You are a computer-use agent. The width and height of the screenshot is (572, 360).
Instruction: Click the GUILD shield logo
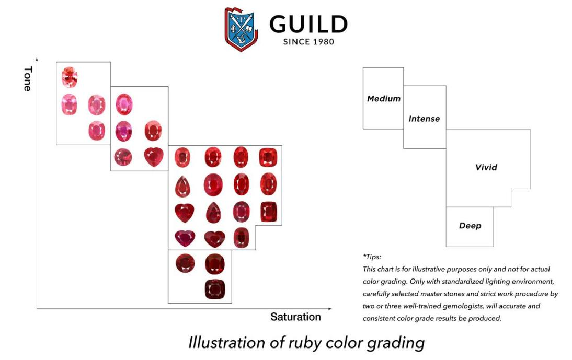pos(241,29)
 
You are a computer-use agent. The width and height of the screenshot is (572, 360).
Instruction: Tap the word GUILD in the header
pos(308,25)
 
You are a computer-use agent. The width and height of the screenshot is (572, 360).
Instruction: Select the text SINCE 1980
pos(308,42)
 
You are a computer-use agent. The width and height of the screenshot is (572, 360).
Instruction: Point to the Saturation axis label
pos(295,317)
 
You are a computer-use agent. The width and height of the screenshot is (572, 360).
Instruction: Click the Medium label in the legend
pos(384,99)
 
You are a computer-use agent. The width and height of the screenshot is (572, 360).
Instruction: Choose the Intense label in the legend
pos(424,119)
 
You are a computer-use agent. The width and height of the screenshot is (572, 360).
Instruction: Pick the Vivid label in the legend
pos(486,167)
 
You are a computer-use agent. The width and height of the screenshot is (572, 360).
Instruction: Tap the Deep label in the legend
pos(470,226)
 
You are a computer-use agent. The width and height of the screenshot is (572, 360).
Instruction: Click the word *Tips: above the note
pos(372,257)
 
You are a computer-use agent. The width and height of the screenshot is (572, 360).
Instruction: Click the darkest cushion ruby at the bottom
pos(215,289)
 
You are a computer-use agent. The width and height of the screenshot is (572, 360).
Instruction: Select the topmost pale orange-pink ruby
pos(70,77)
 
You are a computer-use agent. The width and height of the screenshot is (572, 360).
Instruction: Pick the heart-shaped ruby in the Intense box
pos(154,157)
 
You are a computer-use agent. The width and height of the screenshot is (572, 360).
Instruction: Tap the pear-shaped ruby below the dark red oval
pos(213,213)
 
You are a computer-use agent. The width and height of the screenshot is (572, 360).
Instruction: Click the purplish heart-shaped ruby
pos(185,238)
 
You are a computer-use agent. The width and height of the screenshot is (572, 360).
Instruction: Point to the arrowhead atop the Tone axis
pos(37,59)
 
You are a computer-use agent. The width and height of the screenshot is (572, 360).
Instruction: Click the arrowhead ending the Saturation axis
pos(330,309)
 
